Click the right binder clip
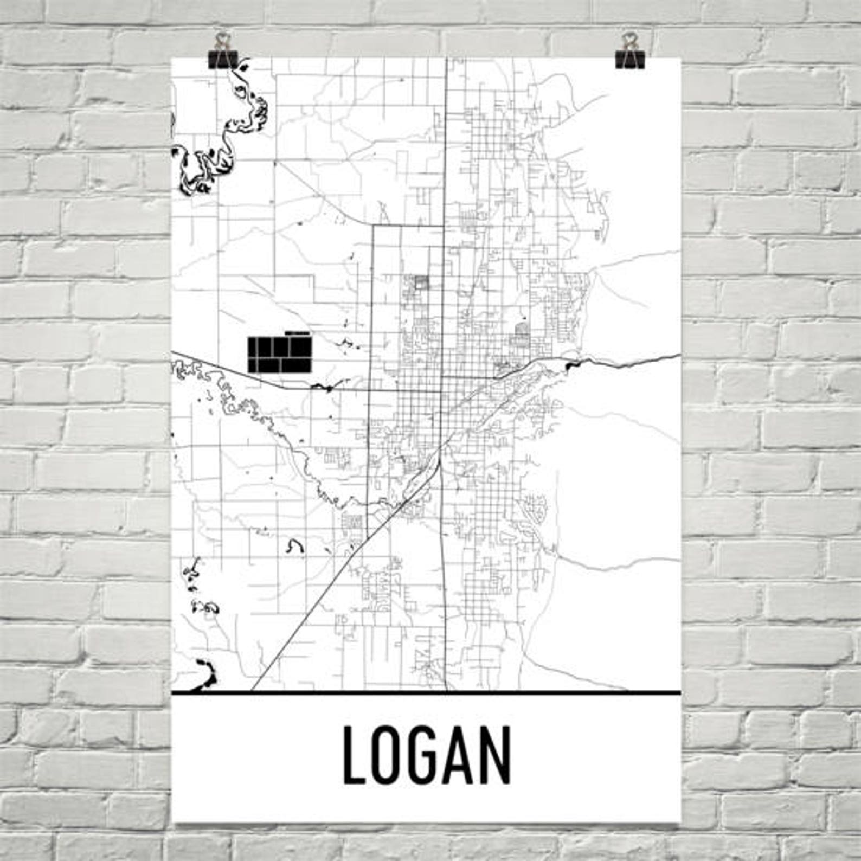[x=629, y=57]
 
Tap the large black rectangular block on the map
[x=280, y=355]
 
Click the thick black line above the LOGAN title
[x=426, y=692]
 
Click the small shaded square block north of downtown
[x=421, y=282]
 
